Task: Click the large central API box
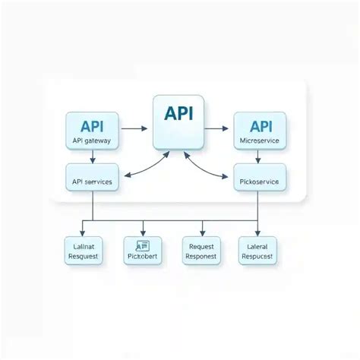[178, 122]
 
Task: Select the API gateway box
[92, 131]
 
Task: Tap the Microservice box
[260, 131]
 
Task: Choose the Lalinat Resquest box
[82, 251]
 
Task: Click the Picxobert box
[143, 251]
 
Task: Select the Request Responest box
[201, 251]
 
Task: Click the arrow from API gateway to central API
[134, 128]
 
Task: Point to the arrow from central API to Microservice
[219, 128]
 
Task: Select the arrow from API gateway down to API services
[92, 156]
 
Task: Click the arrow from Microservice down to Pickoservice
[260, 156]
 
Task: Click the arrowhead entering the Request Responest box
[201, 233]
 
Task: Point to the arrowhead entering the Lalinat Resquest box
[82, 233]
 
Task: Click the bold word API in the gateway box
[92, 125]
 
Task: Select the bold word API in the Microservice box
[260, 125]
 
